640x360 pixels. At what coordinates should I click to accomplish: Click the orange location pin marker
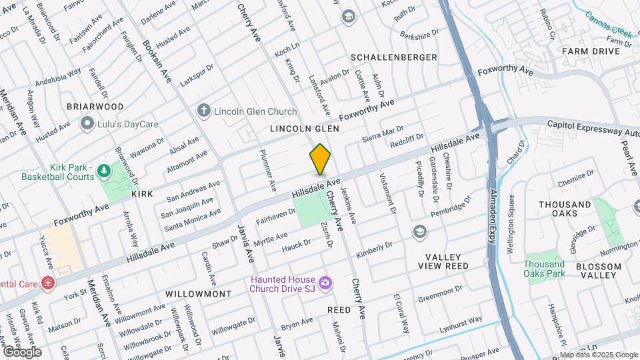[320, 159]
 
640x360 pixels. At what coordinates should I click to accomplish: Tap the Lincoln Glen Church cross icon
[204, 111]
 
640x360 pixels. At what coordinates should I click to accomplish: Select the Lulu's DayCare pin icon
[87, 123]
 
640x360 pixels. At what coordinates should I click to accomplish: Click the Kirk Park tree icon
[104, 171]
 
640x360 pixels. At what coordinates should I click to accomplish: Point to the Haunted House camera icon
[325, 283]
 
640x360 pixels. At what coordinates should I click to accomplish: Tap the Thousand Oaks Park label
[544, 269]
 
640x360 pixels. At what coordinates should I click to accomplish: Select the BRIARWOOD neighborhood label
[95, 107]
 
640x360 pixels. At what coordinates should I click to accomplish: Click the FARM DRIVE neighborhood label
[591, 51]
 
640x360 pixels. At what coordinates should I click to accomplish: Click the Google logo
[22, 351]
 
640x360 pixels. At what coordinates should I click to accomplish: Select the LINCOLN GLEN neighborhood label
[305, 128]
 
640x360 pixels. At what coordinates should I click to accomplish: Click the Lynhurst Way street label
[461, 325]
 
